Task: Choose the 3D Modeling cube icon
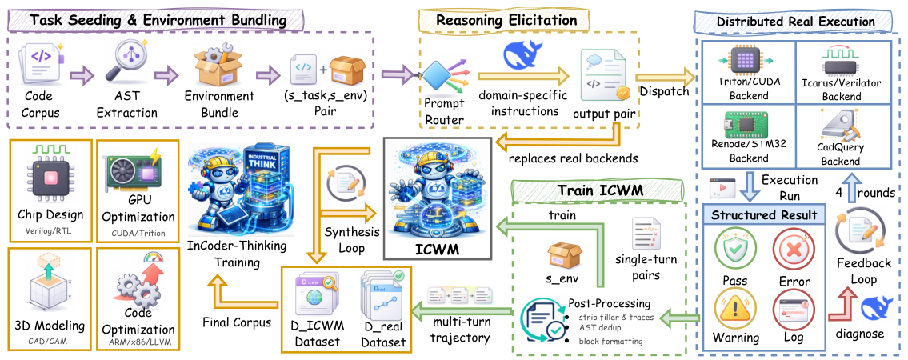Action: tap(48, 284)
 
